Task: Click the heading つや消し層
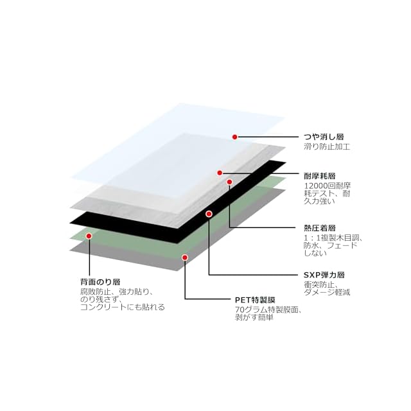[324, 137]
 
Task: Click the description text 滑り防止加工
[326, 146]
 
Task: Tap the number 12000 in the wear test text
[317, 186]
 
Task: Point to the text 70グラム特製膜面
[267, 310]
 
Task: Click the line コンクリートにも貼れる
[122, 307]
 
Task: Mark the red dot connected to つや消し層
[235, 137]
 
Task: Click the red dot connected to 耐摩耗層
[220, 173]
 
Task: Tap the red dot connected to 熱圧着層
[229, 182]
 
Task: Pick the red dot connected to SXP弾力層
[209, 213]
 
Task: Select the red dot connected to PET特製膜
[185, 258]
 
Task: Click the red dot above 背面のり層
[89, 236]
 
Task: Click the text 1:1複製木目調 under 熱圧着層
[333, 238]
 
